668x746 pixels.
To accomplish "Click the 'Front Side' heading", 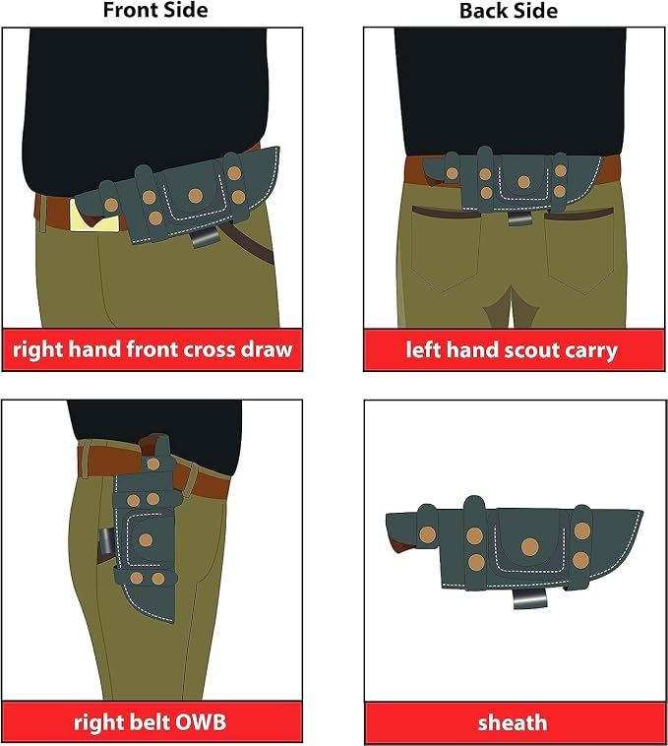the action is coord(155,10).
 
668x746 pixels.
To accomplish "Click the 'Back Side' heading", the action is coord(509,11).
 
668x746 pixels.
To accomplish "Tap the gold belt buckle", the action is coord(95,216).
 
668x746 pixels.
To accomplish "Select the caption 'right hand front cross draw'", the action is coord(152,349).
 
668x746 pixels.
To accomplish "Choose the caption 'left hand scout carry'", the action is coord(512,350).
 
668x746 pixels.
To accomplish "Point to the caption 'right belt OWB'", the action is coord(150,722).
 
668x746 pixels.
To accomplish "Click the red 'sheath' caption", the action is coord(513,722).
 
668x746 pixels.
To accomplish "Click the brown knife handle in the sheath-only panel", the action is coord(402,542).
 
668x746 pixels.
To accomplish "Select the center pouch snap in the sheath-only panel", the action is coord(529,547).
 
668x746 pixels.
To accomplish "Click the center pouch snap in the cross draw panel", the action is coord(196,195).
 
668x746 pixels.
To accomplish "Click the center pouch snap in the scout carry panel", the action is coord(523,182).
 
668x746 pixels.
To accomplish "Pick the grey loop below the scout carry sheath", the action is coord(519,218).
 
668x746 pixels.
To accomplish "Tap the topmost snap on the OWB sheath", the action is coord(152,464).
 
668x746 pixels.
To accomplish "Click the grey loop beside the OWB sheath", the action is coord(105,541).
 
